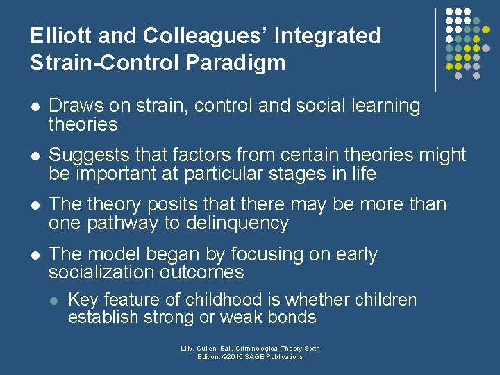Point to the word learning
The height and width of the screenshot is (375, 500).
click(385, 106)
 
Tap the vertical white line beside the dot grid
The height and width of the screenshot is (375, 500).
click(435, 50)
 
